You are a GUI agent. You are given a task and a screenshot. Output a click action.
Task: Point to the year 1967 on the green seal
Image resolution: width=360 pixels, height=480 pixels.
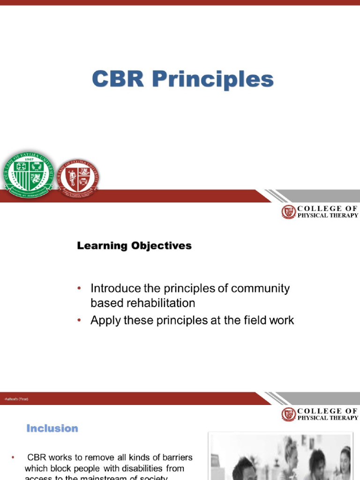(x=29, y=158)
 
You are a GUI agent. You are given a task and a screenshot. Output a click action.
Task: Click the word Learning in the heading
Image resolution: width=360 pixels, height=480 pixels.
(x=102, y=246)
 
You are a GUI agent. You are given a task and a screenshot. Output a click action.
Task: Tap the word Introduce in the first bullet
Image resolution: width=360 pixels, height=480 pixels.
(x=119, y=288)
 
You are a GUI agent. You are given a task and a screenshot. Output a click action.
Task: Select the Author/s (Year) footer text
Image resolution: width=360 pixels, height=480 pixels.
(x=16, y=399)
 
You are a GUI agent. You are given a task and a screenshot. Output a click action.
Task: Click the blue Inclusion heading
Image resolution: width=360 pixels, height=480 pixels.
(x=52, y=428)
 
